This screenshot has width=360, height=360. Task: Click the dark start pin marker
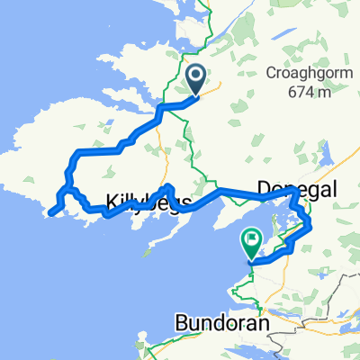coord(196,79)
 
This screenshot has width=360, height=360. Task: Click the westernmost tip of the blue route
coord(49,213)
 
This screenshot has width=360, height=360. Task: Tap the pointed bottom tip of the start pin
coord(196,94)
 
